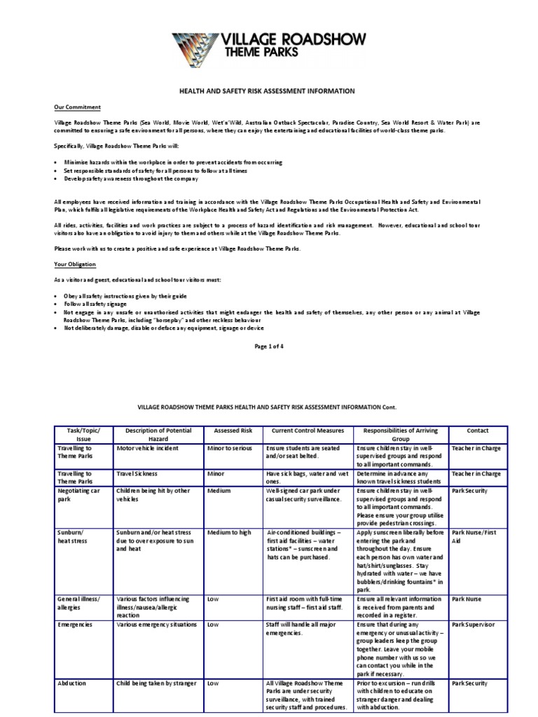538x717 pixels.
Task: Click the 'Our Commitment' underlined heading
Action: (x=78, y=107)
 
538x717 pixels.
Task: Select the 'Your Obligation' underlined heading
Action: (x=75, y=264)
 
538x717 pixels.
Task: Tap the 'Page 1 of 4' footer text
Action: (x=269, y=346)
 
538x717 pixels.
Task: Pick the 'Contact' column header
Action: (x=477, y=431)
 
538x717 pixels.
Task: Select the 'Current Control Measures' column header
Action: (x=307, y=431)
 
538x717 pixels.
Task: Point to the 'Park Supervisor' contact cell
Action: (x=474, y=624)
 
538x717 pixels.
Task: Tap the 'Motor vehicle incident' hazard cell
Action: (x=149, y=447)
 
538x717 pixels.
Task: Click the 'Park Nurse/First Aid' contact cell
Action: (x=474, y=536)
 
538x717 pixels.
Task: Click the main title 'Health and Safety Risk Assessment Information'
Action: (x=268, y=91)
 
